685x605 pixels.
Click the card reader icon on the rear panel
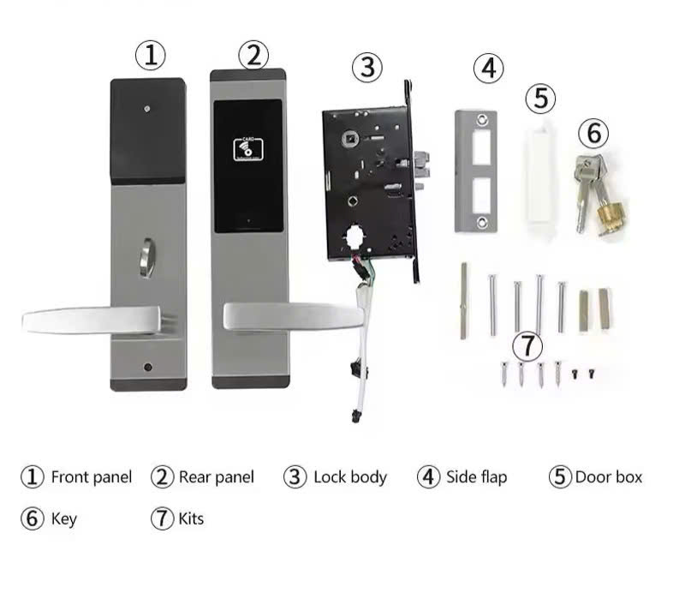(x=248, y=149)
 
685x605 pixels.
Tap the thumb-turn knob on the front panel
(x=147, y=258)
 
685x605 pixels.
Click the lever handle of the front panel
(x=92, y=320)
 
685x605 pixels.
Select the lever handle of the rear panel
(x=294, y=316)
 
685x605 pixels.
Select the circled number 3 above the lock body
(x=367, y=68)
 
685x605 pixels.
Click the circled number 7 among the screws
(x=527, y=346)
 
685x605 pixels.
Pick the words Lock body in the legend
(x=350, y=477)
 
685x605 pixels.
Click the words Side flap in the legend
(x=477, y=477)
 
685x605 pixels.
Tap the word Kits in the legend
(x=191, y=518)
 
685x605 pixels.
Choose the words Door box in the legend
(x=609, y=477)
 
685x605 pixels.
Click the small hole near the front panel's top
(x=147, y=109)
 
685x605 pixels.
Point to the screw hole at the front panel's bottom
(x=147, y=367)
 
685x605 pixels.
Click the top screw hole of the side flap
(x=481, y=119)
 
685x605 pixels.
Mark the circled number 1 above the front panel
(x=151, y=56)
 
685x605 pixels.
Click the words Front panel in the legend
(x=92, y=477)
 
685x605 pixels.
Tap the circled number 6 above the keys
(x=593, y=133)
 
